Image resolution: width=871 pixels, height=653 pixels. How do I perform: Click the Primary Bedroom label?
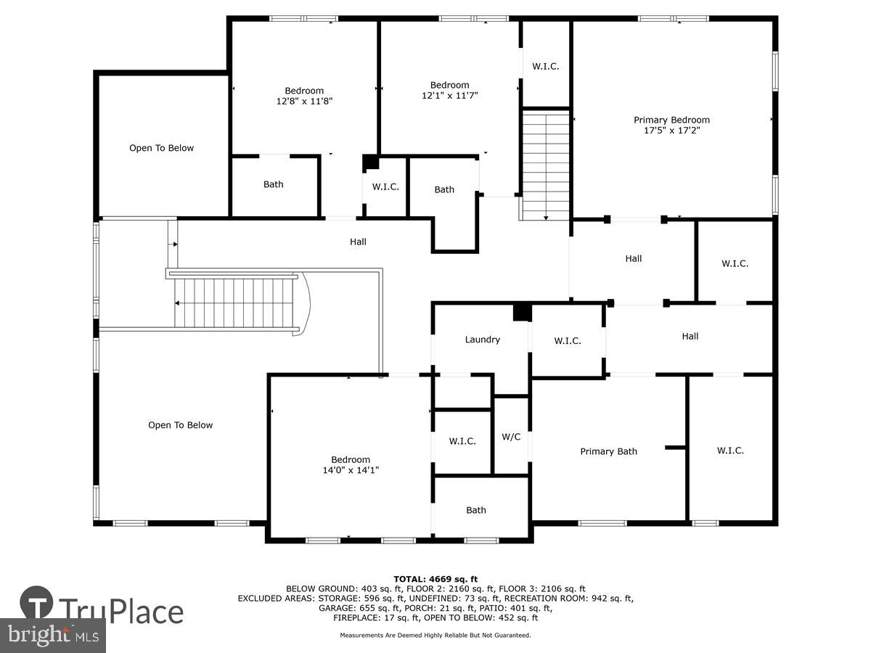pos(671,120)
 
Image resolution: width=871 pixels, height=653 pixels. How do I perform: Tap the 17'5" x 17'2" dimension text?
pos(671,131)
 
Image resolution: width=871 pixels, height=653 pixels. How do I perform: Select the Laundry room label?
pos(482,340)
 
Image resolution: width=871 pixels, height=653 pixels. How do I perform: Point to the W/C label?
pos(511,437)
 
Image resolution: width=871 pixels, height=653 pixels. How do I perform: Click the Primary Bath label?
pos(608,451)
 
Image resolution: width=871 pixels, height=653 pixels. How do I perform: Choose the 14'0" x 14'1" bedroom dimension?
pos(351,470)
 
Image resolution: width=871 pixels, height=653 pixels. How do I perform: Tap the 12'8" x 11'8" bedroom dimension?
pos(304,101)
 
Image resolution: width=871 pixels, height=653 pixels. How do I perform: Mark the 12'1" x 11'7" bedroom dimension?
pos(449,96)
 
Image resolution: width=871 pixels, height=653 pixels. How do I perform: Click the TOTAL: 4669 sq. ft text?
pos(435,580)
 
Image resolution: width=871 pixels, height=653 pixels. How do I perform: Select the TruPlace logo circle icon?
pos(36,603)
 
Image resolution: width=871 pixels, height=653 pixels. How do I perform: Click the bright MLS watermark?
pos(53,636)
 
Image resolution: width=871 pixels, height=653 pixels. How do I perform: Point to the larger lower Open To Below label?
pos(180,425)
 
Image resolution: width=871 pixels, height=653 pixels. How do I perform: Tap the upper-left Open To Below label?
pos(161,148)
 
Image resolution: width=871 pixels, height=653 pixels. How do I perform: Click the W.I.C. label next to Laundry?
pos(568,341)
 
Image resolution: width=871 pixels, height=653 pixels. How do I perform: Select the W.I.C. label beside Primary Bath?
pos(730,451)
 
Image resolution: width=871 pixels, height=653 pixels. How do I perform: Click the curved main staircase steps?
pos(234,303)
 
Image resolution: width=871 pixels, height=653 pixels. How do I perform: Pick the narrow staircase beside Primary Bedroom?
pos(545,165)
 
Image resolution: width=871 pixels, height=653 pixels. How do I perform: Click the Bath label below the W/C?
pos(475,510)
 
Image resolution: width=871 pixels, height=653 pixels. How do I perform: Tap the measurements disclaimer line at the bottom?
pos(435,635)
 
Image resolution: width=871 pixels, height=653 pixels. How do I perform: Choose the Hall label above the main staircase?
pos(358,242)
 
